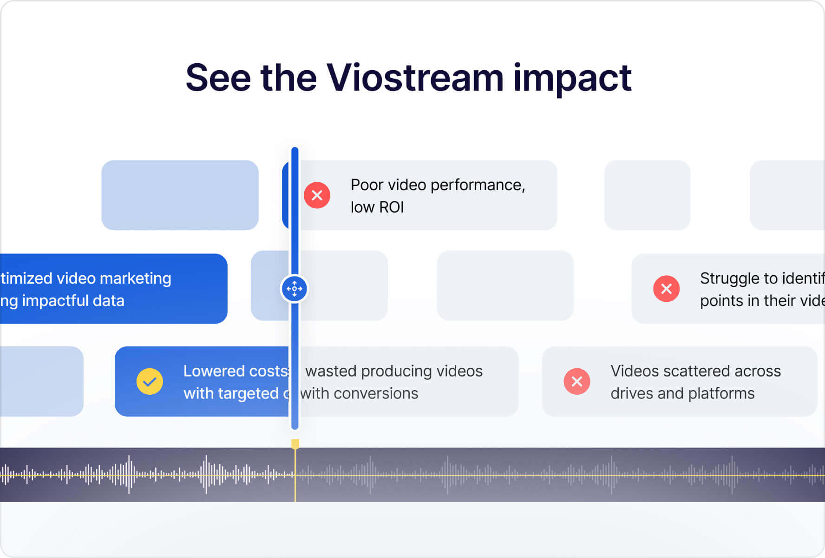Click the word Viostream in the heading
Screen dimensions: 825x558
(x=414, y=78)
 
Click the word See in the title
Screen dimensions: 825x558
(x=218, y=78)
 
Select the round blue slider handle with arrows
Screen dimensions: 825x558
(x=294, y=289)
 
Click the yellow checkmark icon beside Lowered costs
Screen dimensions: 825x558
(x=150, y=382)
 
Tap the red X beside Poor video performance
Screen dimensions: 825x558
(x=317, y=195)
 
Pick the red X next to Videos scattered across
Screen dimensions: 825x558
(x=577, y=382)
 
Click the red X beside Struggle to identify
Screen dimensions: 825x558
(x=666, y=289)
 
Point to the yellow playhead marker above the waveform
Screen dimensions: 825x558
(x=295, y=444)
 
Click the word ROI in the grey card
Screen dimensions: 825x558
(x=391, y=207)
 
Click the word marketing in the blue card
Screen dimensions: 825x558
(x=136, y=278)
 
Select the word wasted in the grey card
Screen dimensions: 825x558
(x=331, y=371)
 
